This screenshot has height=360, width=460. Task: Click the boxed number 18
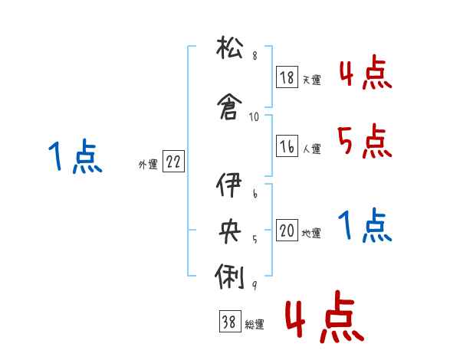(287, 77)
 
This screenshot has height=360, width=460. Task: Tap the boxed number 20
(287, 231)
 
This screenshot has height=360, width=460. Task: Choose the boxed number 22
(173, 162)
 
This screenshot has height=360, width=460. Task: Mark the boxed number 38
(228, 322)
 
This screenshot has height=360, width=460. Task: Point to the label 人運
(311, 149)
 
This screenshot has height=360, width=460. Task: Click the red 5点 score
(364, 141)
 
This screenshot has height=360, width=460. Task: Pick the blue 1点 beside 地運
(364, 226)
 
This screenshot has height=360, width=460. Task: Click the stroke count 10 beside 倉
(255, 117)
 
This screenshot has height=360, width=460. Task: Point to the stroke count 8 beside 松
(254, 57)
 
